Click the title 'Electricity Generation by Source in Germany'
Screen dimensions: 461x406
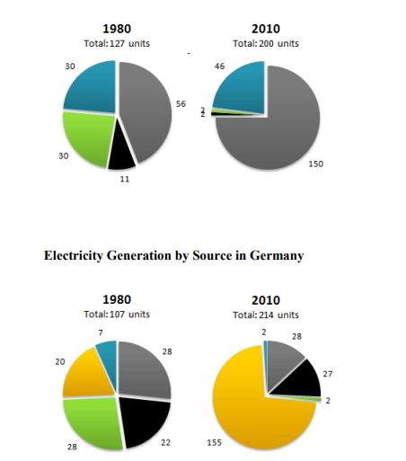173,256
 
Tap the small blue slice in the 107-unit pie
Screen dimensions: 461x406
107,350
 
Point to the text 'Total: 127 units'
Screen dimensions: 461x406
115,43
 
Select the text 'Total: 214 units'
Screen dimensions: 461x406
265,315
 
